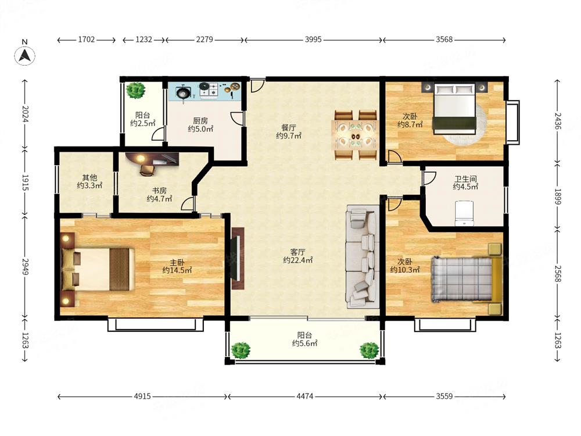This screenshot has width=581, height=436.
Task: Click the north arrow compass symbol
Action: (25, 56)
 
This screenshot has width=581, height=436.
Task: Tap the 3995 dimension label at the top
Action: (313, 40)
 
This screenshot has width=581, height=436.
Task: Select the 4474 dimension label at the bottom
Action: (304, 396)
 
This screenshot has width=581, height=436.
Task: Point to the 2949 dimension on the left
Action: (25, 267)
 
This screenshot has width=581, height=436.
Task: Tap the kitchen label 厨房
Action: (200, 121)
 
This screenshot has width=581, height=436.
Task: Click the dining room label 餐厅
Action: (288, 128)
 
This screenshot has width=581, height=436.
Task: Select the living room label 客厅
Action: (297, 252)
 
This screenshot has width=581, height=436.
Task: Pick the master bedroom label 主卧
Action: (177, 263)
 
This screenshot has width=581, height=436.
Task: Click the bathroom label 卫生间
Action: (465, 179)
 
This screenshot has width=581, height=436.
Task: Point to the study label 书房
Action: (159, 191)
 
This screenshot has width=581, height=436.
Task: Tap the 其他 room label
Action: (89, 177)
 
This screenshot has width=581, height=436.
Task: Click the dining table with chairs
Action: (355, 135)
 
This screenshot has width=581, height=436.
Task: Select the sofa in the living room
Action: (363, 256)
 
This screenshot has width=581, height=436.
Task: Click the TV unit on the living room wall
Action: (238, 258)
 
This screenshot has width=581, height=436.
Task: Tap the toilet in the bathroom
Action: (464, 213)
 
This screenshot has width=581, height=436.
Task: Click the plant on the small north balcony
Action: (135, 90)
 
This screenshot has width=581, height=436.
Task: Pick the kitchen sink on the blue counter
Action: (183, 92)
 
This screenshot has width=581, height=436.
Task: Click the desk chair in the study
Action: (147, 169)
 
